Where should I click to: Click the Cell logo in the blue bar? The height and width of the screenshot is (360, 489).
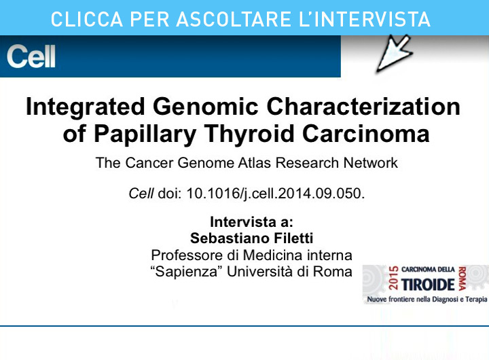(31, 56)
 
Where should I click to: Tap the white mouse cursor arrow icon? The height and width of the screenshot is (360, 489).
(395, 53)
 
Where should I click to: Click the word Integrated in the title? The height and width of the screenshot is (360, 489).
(86, 107)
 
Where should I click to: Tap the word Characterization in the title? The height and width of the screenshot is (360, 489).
(363, 107)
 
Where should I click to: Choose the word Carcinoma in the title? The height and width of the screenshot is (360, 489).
(366, 134)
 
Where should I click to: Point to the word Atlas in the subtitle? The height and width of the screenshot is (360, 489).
(255, 163)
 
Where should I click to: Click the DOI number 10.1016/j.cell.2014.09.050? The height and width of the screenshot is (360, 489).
(276, 194)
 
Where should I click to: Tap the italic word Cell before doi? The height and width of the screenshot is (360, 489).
(141, 194)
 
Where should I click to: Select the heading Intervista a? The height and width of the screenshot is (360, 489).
(251, 222)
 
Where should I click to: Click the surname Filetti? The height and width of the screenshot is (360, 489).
(293, 238)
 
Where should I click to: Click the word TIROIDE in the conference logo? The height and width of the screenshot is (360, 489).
(428, 285)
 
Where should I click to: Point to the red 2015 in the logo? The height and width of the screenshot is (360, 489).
(393, 278)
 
